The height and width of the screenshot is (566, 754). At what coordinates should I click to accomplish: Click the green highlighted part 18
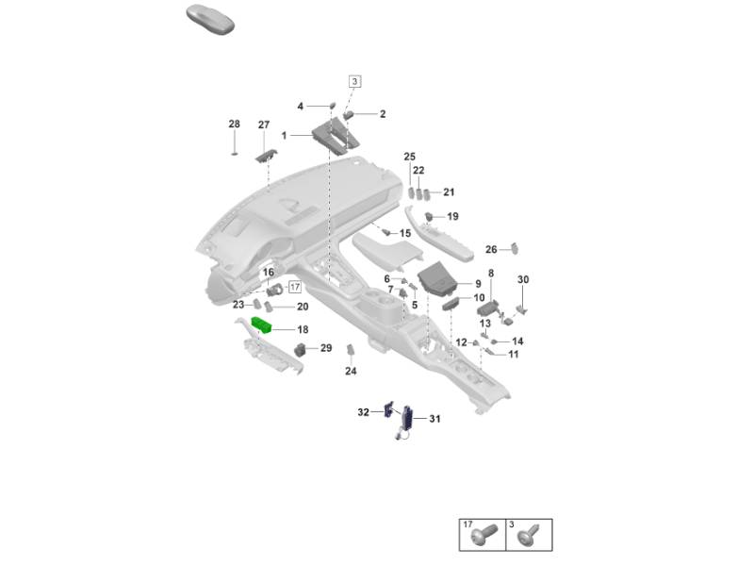(262, 325)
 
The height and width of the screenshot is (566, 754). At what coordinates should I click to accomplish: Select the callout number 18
(303, 329)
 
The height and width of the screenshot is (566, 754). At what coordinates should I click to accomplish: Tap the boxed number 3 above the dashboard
(355, 81)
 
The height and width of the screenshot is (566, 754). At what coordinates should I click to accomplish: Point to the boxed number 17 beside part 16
(295, 288)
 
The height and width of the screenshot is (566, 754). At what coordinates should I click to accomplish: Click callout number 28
(234, 124)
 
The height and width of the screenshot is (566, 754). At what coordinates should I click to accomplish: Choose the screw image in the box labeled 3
(529, 535)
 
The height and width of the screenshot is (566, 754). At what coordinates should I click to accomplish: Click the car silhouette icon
(210, 19)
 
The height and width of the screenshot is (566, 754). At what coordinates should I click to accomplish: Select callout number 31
(434, 419)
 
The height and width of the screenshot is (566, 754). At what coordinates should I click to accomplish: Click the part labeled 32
(388, 409)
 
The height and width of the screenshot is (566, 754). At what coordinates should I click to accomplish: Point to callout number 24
(351, 371)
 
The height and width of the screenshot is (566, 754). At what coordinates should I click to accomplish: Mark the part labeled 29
(302, 349)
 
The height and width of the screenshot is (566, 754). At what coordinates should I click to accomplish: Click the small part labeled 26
(515, 248)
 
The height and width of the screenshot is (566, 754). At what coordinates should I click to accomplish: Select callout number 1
(284, 136)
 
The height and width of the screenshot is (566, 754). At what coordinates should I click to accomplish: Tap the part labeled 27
(266, 156)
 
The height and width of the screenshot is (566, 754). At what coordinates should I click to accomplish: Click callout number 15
(405, 233)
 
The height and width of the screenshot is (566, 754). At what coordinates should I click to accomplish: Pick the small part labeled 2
(349, 114)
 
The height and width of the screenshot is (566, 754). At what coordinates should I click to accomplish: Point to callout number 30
(523, 279)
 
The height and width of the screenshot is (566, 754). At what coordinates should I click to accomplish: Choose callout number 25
(409, 157)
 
